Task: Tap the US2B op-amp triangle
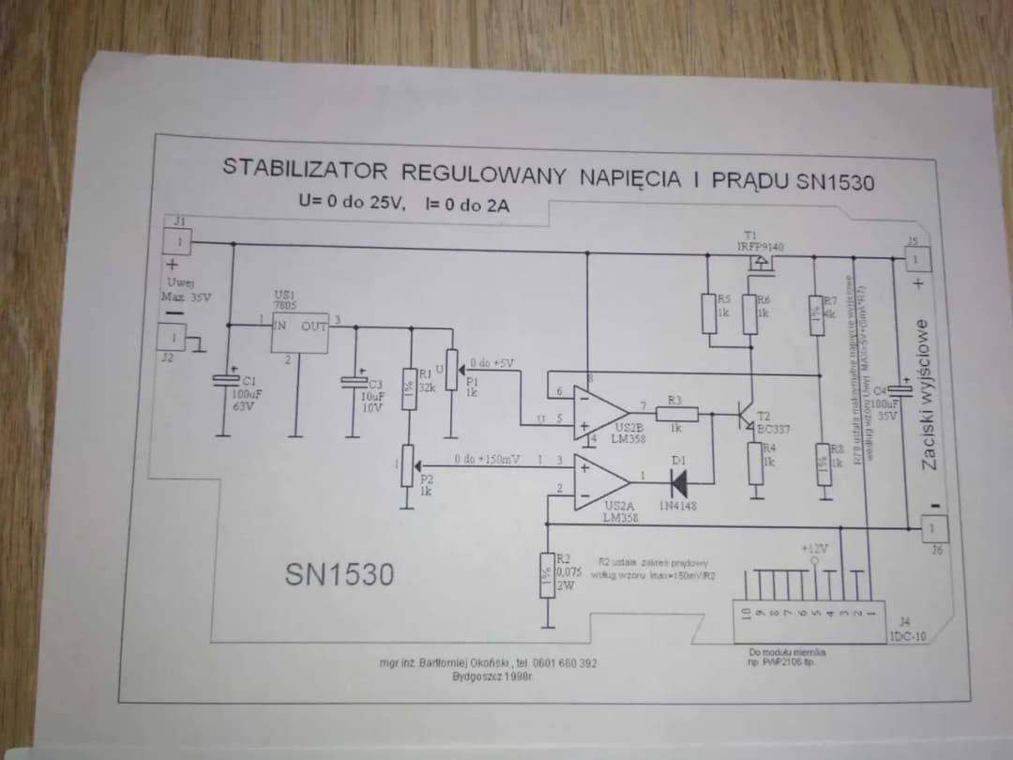coord(601,414)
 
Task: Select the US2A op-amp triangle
coord(600,479)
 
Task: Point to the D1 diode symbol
coord(680,481)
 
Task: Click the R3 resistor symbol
coord(675,413)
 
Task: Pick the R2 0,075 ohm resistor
coord(546,573)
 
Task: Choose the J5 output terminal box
coord(918,256)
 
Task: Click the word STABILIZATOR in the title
coord(305,169)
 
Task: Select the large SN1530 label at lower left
coord(340,574)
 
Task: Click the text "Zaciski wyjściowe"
coord(927,394)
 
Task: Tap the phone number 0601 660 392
coord(565,663)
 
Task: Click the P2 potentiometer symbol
coord(407,465)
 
